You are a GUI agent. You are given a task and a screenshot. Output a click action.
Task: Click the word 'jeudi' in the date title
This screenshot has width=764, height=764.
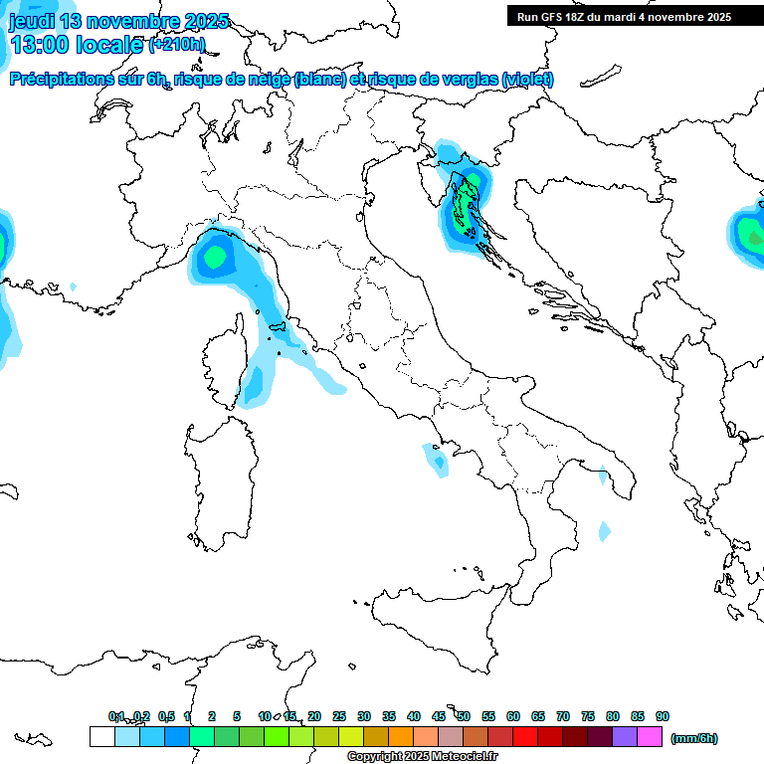[32, 21]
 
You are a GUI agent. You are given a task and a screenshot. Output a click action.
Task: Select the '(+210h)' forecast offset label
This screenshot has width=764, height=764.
[176, 45]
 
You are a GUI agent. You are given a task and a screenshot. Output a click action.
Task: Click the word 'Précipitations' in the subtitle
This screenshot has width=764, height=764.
[72, 80]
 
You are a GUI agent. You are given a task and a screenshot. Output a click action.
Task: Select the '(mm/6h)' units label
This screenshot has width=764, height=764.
[693, 738]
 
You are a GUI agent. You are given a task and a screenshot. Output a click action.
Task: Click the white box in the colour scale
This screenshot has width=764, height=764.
[101, 737]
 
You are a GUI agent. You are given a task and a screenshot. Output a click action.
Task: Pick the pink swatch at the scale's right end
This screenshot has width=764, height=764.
[650, 737]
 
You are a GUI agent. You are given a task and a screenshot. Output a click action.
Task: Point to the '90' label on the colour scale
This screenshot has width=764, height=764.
[663, 716]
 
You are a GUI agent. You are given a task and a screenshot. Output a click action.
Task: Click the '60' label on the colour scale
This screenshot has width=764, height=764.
[513, 716]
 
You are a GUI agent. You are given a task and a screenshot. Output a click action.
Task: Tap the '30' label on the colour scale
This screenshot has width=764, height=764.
[364, 716]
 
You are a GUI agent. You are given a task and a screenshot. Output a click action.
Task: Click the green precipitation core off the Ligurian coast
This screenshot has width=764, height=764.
[212, 258]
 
